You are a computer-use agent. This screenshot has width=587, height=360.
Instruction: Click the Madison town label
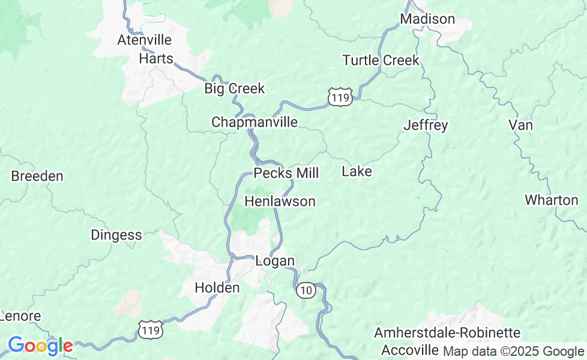pos(427,19)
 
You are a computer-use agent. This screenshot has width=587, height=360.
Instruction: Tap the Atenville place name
pos(144,40)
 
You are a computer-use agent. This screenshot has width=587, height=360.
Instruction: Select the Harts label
pos(156,59)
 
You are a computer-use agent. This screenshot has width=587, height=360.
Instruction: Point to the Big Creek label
pos(234,89)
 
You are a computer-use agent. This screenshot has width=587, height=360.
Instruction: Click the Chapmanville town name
pos(254,122)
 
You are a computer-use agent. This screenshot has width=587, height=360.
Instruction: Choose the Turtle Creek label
pos(381,61)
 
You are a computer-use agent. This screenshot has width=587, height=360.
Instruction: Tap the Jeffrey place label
pos(426,125)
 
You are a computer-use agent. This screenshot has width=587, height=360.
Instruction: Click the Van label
pos(520,125)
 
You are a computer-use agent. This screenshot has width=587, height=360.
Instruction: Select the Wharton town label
pos(551,200)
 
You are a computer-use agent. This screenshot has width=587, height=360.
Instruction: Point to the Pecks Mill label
pos(286,173)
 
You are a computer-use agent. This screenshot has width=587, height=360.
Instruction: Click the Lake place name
pos(357,172)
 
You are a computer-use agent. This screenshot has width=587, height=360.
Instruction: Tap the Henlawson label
pos(280,201)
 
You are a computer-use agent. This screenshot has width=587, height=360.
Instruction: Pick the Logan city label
pos(275,261)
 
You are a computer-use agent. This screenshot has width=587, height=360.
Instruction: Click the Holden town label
pos(217,288)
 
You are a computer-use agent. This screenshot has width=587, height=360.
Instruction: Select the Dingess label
pos(116,235)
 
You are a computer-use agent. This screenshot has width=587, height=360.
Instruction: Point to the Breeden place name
pos(37,176)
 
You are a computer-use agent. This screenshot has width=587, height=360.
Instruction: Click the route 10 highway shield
pos(306,290)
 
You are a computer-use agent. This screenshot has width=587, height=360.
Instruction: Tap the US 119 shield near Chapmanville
pos(340,97)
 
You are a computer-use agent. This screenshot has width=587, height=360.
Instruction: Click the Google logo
pos(40,346)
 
